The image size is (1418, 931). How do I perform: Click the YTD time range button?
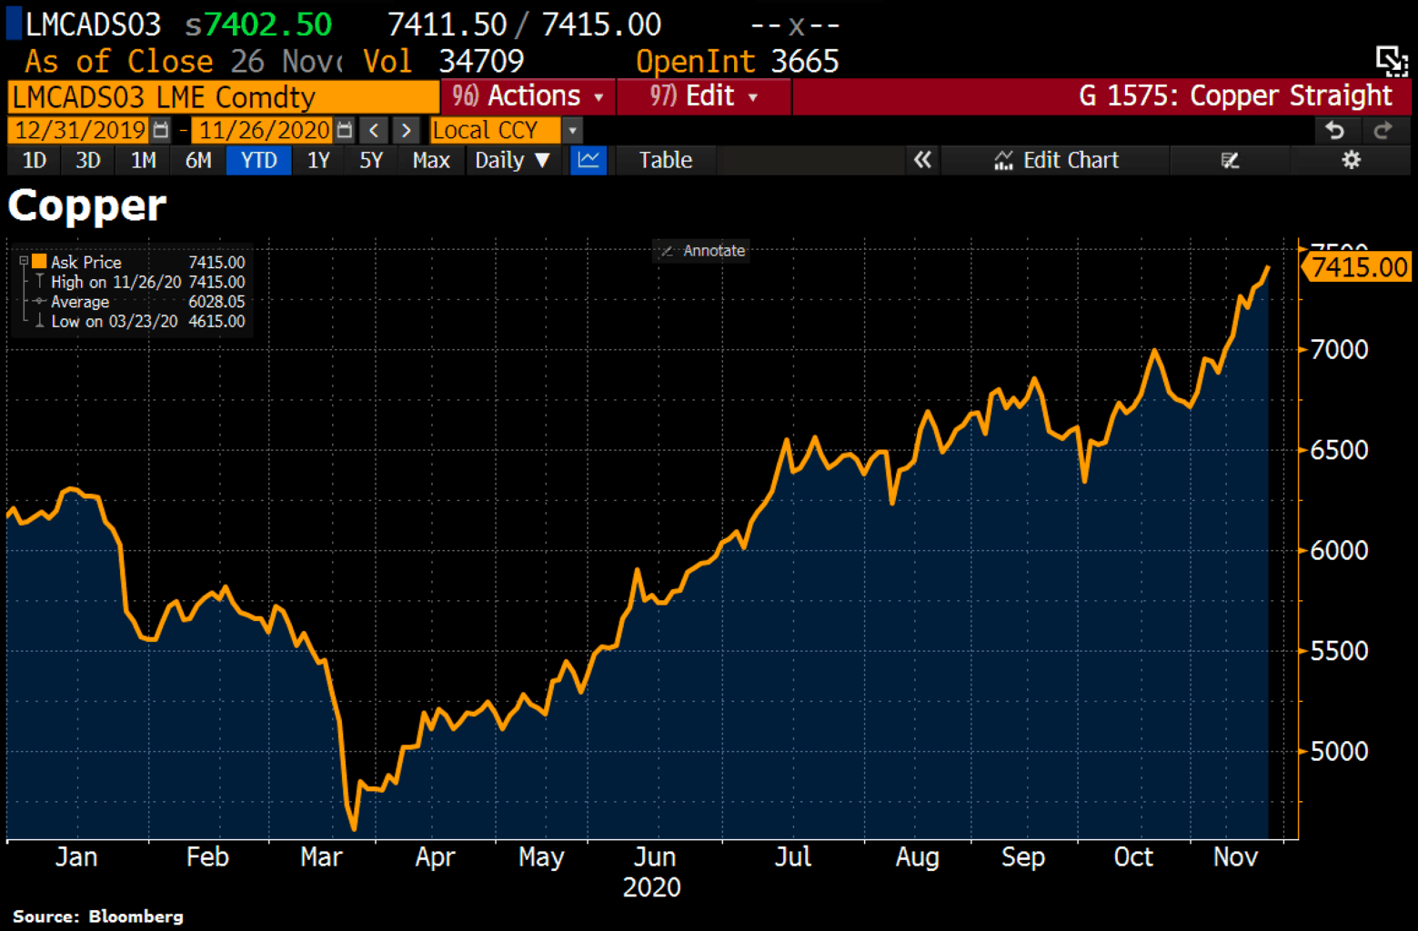click(x=258, y=161)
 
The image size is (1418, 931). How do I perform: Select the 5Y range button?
click(x=370, y=161)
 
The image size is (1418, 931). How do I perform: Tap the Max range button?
click(x=430, y=161)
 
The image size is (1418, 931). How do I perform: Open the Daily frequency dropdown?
click(x=512, y=161)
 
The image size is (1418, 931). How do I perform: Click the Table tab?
click(x=665, y=161)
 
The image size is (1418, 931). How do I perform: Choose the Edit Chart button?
click(x=1057, y=161)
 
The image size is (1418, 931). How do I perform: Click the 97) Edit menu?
click(x=703, y=96)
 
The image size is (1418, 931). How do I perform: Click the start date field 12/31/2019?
click(x=81, y=130)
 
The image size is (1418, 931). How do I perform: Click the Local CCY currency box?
click(x=496, y=130)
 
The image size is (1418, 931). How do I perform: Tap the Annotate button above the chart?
click(x=703, y=251)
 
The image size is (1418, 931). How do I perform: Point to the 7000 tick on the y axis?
click(x=1338, y=349)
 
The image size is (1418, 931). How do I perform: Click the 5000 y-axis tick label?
click(x=1338, y=752)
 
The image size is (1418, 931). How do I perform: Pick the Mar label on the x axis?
click(x=321, y=857)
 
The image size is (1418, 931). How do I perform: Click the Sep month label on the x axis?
click(x=1022, y=857)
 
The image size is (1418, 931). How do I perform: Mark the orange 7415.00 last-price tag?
click(x=1358, y=267)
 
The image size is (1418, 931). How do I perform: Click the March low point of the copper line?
click(x=354, y=828)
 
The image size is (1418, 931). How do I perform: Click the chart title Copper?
click(x=87, y=205)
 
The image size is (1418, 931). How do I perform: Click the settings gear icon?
click(x=1352, y=161)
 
